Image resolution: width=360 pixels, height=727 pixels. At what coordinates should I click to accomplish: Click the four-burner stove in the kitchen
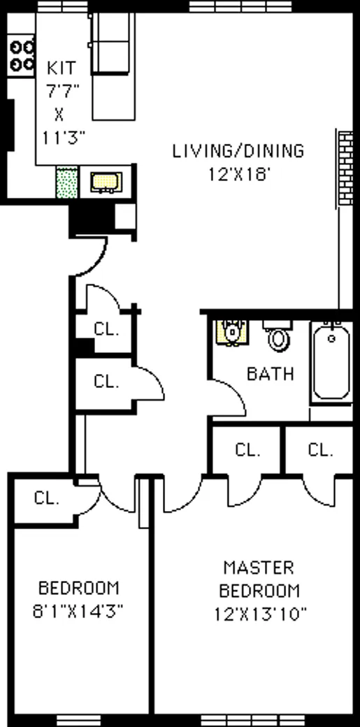point(22,55)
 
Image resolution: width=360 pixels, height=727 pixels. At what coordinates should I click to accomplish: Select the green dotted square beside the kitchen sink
point(66,182)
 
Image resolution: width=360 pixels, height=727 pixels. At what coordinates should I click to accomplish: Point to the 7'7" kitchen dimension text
point(62,91)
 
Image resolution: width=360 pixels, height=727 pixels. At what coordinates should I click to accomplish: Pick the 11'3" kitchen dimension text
point(63,138)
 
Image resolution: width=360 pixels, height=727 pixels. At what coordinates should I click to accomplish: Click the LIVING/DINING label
point(238,150)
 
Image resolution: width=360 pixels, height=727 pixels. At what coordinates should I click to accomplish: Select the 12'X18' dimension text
point(238,174)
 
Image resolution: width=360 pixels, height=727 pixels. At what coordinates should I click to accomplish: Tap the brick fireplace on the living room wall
point(345,167)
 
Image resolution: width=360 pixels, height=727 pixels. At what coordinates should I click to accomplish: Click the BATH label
point(270,374)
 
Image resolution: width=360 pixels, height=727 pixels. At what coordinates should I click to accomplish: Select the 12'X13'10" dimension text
point(261,614)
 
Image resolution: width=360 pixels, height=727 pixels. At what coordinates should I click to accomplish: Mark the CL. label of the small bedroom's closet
point(45,499)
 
